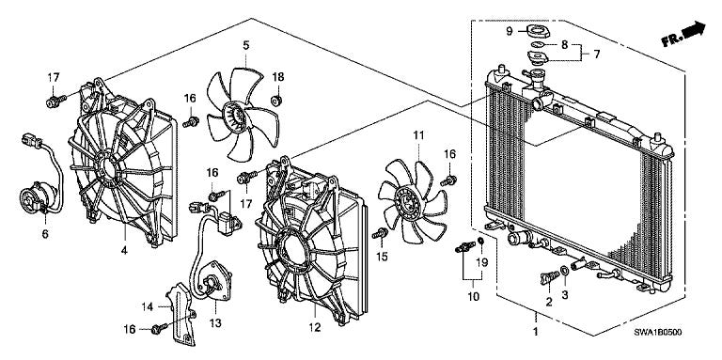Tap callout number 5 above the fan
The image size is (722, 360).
pos(246,45)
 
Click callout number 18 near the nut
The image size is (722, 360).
pos(277,77)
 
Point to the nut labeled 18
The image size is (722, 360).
pos(277,100)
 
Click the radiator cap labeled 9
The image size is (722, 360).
pos(537,31)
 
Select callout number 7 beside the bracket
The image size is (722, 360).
pos(597,55)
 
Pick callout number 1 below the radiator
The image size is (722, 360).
pos(535,331)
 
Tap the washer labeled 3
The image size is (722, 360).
pos(564,270)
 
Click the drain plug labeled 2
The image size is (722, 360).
pos(549,277)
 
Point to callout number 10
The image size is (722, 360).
pos(474,296)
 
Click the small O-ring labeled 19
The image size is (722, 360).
pos(480,241)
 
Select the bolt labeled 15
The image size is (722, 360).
pos(381,233)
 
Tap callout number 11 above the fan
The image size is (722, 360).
pos(418,135)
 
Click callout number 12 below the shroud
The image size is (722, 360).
pos(314,327)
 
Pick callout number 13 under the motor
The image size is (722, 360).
pos(215,323)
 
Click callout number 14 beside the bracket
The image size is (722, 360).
pos(147,306)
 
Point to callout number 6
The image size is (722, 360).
pos(45,234)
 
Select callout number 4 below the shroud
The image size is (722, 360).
pos(124,250)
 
